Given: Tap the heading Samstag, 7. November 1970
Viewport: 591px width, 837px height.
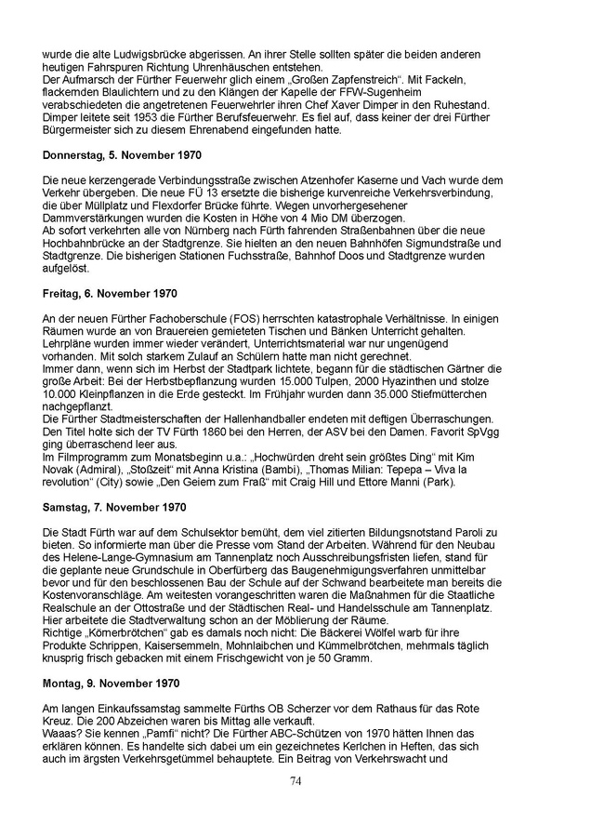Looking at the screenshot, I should point(114,507).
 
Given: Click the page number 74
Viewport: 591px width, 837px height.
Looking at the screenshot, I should point(295,779).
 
